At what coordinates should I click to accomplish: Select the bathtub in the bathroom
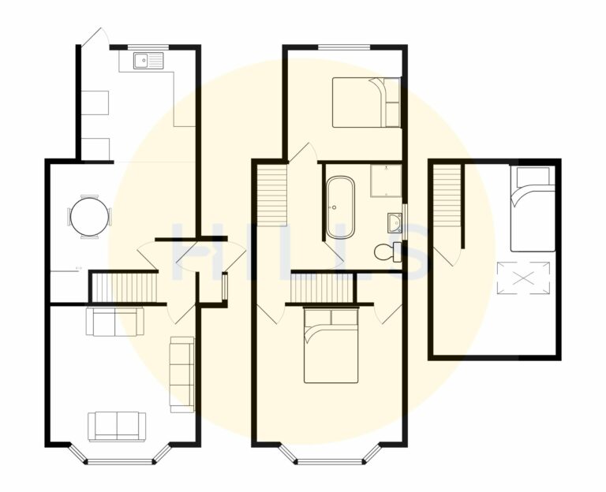pos(340,207)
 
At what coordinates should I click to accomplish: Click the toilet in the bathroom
pos(387,252)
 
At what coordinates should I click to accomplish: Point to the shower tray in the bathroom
pos(386,181)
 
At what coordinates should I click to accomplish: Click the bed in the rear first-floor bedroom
pos(365,102)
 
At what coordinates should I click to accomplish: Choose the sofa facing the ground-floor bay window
pos(117,426)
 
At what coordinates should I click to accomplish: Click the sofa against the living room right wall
pos(182,375)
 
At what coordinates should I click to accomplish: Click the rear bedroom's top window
pos(344,47)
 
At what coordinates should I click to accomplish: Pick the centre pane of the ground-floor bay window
pos(118,461)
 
